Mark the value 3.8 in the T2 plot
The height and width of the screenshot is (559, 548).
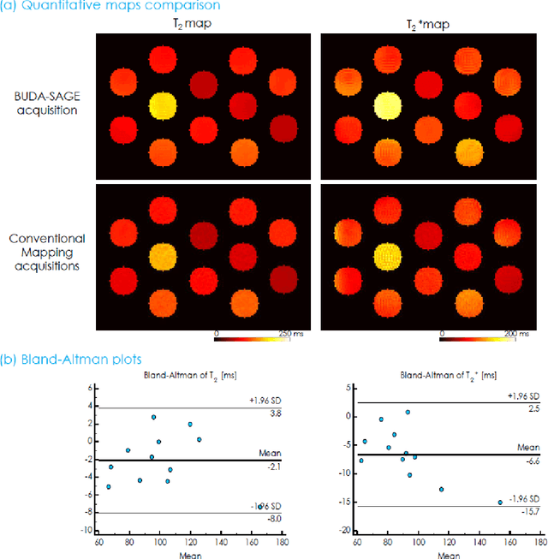276,413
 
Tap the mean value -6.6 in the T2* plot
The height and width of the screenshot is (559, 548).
534,461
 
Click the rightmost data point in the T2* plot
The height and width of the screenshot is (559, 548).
500,503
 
